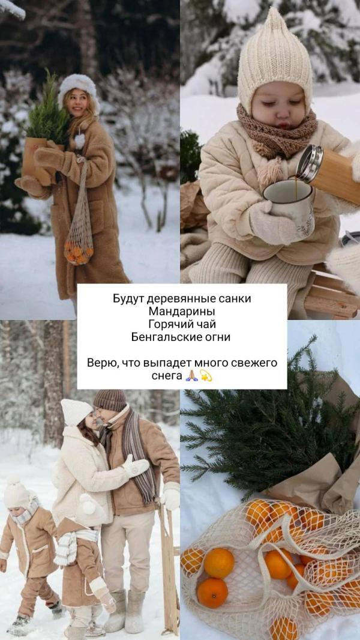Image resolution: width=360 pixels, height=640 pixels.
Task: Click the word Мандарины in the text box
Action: click(x=182, y=312)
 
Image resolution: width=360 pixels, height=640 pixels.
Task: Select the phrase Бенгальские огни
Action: click(x=181, y=337)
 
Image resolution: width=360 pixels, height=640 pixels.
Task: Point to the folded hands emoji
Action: click(x=191, y=375)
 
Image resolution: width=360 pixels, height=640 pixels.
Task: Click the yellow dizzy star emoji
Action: click(x=206, y=375)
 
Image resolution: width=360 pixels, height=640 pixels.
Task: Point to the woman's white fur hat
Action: click(x=77, y=88)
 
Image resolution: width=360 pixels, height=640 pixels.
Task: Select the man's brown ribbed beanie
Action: click(x=110, y=400)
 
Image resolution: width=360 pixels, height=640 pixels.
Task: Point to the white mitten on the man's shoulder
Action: click(x=136, y=466)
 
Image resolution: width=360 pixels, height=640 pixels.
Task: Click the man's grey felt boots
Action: click(x=125, y=611)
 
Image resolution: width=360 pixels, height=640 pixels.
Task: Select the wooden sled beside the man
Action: click(x=169, y=567)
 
